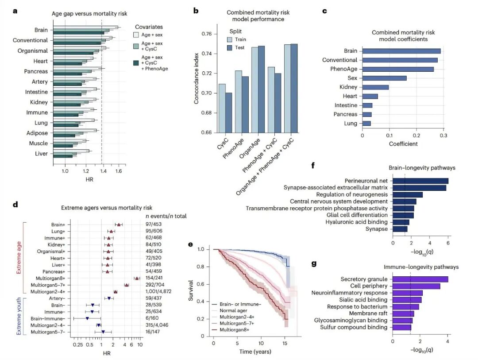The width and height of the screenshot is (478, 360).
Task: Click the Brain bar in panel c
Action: tap(401, 51)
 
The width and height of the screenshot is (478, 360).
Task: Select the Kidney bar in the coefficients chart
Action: tap(375, 87)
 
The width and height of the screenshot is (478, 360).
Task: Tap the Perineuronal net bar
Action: tap(420, 181)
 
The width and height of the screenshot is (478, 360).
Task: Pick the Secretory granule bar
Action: tap(420, 279)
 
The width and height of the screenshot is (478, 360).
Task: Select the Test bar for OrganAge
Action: tap(261, 89)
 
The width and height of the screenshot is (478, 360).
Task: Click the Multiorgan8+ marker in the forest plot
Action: tap(137, 278)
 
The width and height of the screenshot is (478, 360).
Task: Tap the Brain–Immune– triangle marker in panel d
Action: tap(87, 318)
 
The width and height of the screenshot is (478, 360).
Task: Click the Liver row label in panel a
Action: tap(42, 154)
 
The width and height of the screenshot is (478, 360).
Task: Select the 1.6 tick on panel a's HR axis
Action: tap(118, 171)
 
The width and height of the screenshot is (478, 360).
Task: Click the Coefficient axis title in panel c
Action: tap(403, 144)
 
